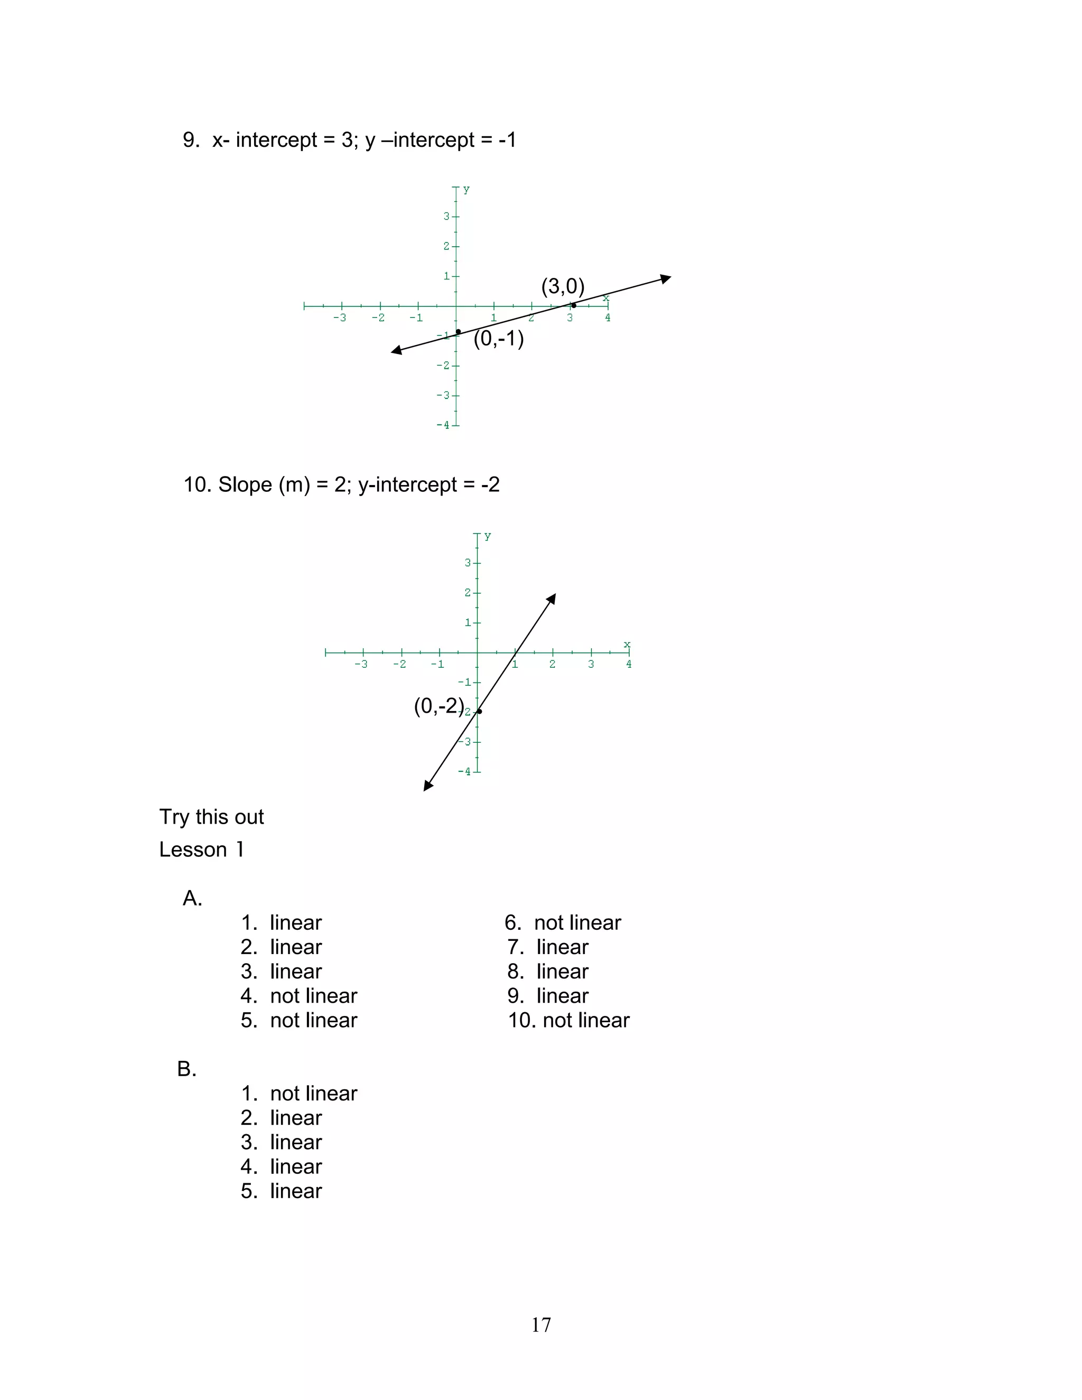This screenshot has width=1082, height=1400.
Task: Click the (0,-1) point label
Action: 499,339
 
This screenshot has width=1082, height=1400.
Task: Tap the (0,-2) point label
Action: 439,706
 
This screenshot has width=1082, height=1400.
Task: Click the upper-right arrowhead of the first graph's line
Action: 666,278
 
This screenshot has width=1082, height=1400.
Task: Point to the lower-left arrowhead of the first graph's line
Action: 397,350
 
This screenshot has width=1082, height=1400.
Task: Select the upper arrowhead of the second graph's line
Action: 551,599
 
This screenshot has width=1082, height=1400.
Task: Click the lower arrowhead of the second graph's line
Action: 428,786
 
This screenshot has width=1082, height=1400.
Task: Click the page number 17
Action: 541,1324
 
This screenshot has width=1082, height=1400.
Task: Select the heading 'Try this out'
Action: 211,817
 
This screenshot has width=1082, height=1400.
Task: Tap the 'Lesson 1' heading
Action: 201,850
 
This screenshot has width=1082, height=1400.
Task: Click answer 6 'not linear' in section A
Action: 563,922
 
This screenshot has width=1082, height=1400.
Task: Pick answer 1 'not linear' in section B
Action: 299,1093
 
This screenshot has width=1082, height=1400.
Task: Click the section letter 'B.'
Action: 186,1069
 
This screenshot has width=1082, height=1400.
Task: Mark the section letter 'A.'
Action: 192,898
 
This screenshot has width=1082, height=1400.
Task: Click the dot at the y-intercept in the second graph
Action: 479,712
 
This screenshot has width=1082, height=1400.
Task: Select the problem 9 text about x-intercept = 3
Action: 349,140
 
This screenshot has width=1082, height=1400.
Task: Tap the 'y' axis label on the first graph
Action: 466,190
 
